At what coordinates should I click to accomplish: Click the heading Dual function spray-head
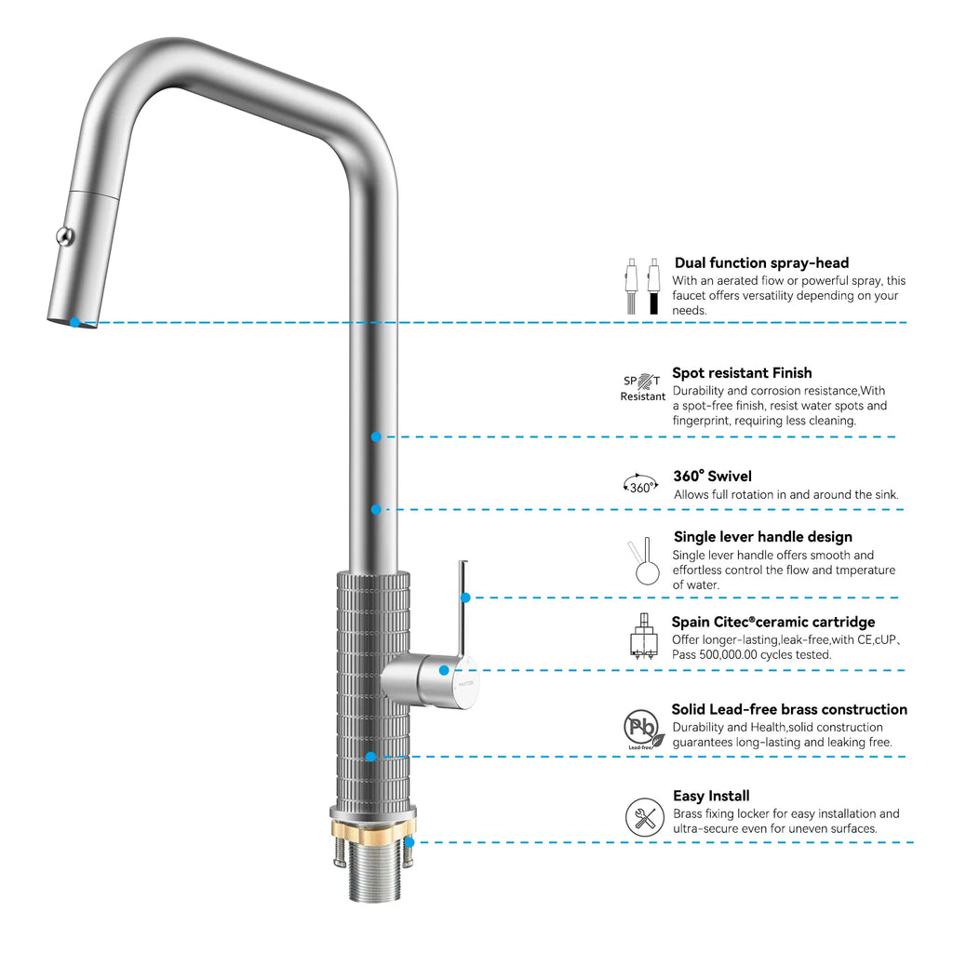[x=761, y=263]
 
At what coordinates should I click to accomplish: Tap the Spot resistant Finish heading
[x=742, y=373]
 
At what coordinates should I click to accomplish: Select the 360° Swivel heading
[x=712, y=476]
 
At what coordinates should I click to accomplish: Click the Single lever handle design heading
[x=762, y=537]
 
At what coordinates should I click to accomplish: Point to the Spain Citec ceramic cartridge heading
[x=773, y=622]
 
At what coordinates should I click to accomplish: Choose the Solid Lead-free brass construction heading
[x=789, y=709]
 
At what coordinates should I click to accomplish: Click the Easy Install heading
[x=711, y=796]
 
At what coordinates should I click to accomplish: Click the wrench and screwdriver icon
[x=644, y=817]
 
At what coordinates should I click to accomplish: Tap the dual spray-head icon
[x=642, y=286]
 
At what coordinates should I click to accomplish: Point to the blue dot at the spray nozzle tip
[x=75, y=322]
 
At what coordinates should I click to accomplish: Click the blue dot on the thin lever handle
[x=465, y=597]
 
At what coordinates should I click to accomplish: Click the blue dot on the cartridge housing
[x=445, y=670]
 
